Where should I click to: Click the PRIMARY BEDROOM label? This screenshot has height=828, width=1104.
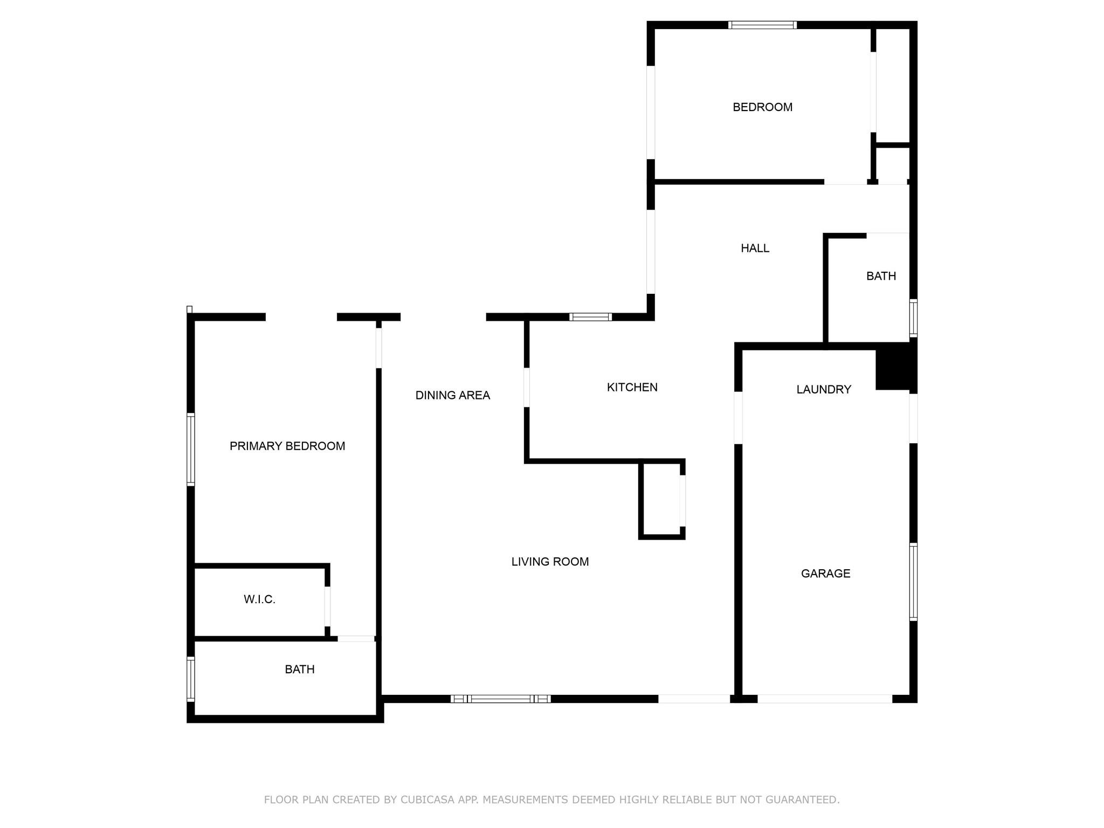coord(287,446)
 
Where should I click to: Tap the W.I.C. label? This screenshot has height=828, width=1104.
coord(259,599)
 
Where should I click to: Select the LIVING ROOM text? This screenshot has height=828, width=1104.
coord(550,562)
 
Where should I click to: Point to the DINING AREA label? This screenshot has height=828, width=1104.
coord(452,395)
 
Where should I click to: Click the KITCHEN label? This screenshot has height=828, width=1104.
coord(632,387)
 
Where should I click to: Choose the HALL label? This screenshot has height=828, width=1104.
coord(755,248)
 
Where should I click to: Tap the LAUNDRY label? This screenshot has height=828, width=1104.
coord(824,389)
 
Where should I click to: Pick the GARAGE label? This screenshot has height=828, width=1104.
coord(825,574)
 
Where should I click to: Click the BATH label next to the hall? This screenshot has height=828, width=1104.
coord(881,276)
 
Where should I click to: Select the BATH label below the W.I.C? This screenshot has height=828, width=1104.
coord(300,670)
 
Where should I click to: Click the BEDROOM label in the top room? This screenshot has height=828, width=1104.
coord(762,107)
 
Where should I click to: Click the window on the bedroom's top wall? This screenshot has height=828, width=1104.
coord(762,25)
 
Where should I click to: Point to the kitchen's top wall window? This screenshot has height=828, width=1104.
coord(590,317)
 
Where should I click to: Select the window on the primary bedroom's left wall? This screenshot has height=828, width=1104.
coord(190,449)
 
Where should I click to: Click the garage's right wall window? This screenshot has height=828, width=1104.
coord(913,582)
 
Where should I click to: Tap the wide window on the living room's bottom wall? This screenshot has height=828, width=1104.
coord(500,699)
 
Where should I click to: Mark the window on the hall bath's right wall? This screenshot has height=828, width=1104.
coord(913,318)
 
